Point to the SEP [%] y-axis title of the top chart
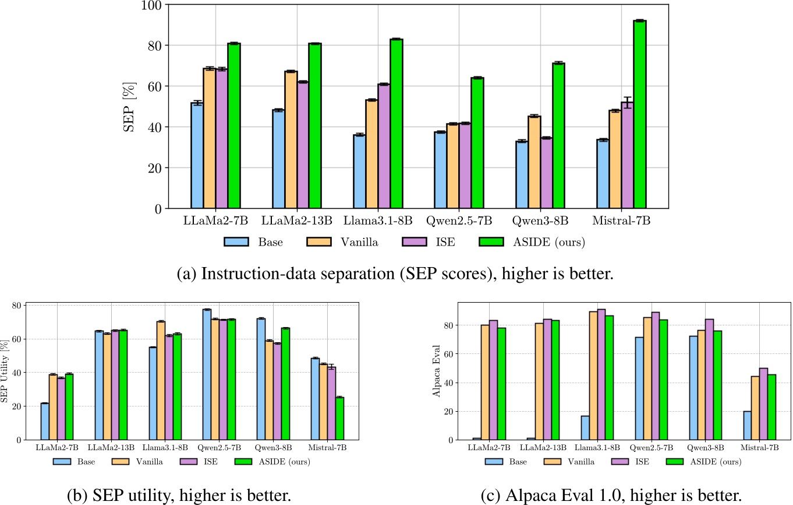tap(129, 106)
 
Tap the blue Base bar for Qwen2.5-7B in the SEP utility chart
tap(207, 374)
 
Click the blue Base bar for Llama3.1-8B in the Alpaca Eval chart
tap(585, 427)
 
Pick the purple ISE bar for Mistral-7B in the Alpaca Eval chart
tap(763, 404)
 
